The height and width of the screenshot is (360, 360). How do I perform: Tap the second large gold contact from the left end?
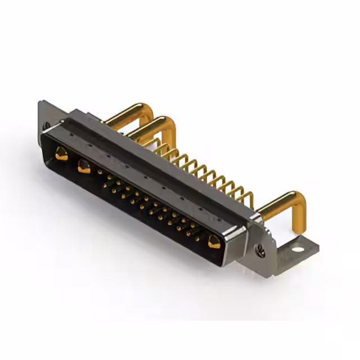84,166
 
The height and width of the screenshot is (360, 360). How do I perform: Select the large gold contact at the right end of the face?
214,242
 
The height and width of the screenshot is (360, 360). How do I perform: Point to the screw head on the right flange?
260,251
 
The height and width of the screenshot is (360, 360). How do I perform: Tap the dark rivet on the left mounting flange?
46,125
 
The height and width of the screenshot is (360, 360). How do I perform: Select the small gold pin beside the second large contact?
100,175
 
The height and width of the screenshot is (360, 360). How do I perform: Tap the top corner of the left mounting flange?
41,103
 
